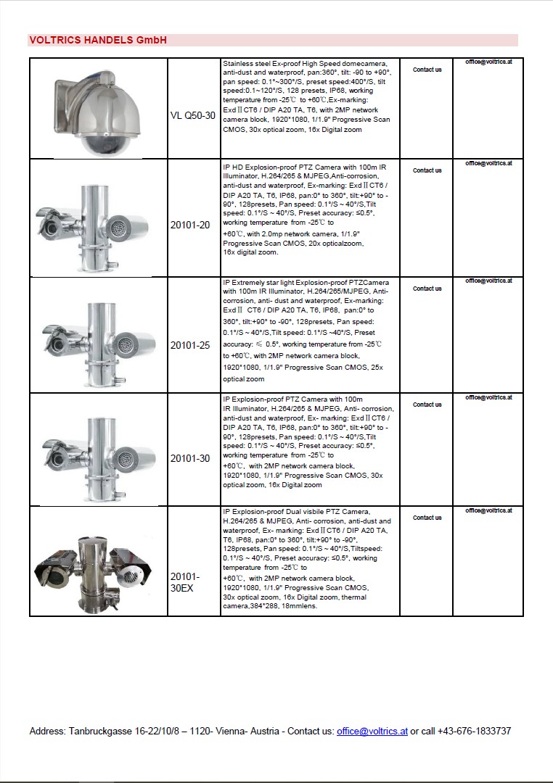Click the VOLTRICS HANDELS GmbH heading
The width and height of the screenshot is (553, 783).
(98, 40)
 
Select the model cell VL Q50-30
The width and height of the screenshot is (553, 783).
(193, 115)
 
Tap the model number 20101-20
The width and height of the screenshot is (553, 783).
(190, 225)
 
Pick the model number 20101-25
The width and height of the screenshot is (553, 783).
(190, 345)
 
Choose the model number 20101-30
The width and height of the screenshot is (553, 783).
(190, 458)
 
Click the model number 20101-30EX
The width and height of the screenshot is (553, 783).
(184, 581)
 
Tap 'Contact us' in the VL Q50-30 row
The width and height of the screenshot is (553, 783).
(427, 70)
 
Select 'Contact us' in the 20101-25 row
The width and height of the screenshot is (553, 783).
(427, 289)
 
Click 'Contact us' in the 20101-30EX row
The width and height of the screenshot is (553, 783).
(427, 518)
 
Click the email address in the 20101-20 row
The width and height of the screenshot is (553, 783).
(488, 164)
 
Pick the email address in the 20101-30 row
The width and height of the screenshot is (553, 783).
(488, 397)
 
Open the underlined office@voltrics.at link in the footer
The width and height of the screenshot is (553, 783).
(372, 731)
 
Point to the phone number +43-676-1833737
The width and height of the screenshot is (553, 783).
(475, 731)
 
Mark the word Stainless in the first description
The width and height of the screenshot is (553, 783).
(238, 64)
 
